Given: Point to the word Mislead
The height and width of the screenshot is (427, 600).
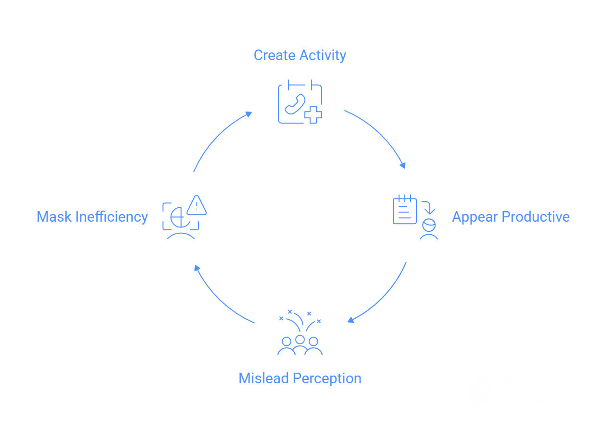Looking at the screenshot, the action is click(x=264, y=378).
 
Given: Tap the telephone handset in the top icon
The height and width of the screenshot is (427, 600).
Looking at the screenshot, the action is click(x=295, y=104).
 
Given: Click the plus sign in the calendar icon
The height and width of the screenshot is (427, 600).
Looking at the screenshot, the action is click(x=313, y=115).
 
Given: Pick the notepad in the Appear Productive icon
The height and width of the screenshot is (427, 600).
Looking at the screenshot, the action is click(x=405, y=210).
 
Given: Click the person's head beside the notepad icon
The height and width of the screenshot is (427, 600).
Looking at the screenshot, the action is click(x=428, y=225).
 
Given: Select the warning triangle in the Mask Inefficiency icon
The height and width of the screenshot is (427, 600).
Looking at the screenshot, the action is click(x=196, y=205).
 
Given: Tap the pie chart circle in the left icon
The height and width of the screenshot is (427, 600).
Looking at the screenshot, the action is click(x=179, y=218).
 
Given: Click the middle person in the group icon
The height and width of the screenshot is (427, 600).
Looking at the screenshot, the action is click(x=300, y=340).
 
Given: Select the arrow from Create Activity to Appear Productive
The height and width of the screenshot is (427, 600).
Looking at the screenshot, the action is click(x=380, y=135).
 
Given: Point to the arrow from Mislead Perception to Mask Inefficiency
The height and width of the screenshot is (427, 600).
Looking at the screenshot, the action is click(x=219, y=298).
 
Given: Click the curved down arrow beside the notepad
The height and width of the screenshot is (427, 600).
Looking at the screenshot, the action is click(x=428, y=207).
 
